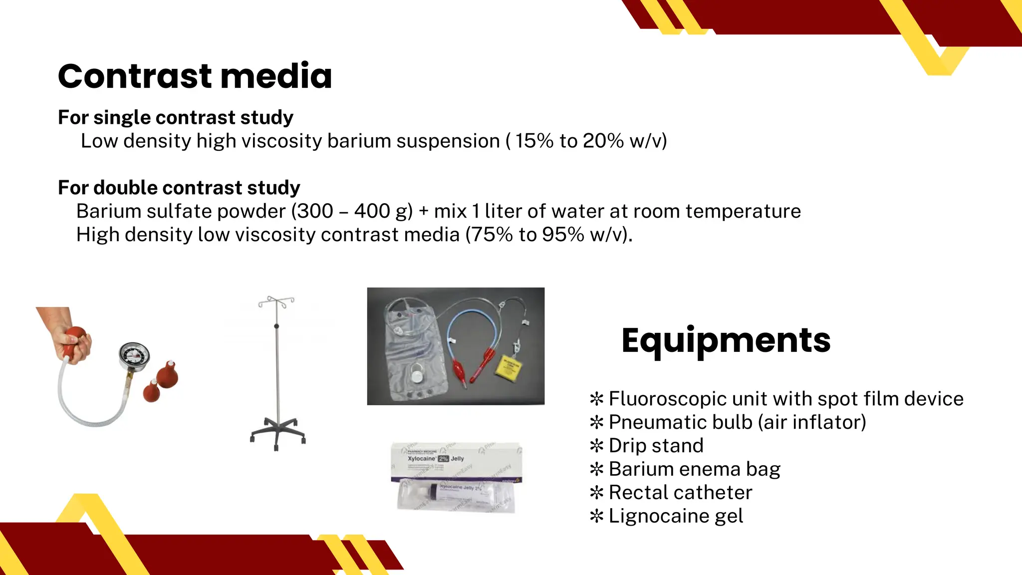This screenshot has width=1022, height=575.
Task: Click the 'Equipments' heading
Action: [726, 340]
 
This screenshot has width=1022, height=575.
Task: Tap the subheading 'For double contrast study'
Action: [179, 188]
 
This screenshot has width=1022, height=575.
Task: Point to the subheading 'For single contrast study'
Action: [175, 117]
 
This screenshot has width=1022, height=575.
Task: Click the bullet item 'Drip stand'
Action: [656, 446]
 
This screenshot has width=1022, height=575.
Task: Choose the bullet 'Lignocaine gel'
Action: [676, 516]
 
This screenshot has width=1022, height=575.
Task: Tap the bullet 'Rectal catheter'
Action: [680, 493]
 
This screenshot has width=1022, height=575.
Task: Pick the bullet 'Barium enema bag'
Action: [694, 469]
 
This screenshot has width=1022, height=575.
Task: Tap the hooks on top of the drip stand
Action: [276, 301]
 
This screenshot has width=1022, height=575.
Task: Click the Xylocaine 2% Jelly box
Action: [455, 462]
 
